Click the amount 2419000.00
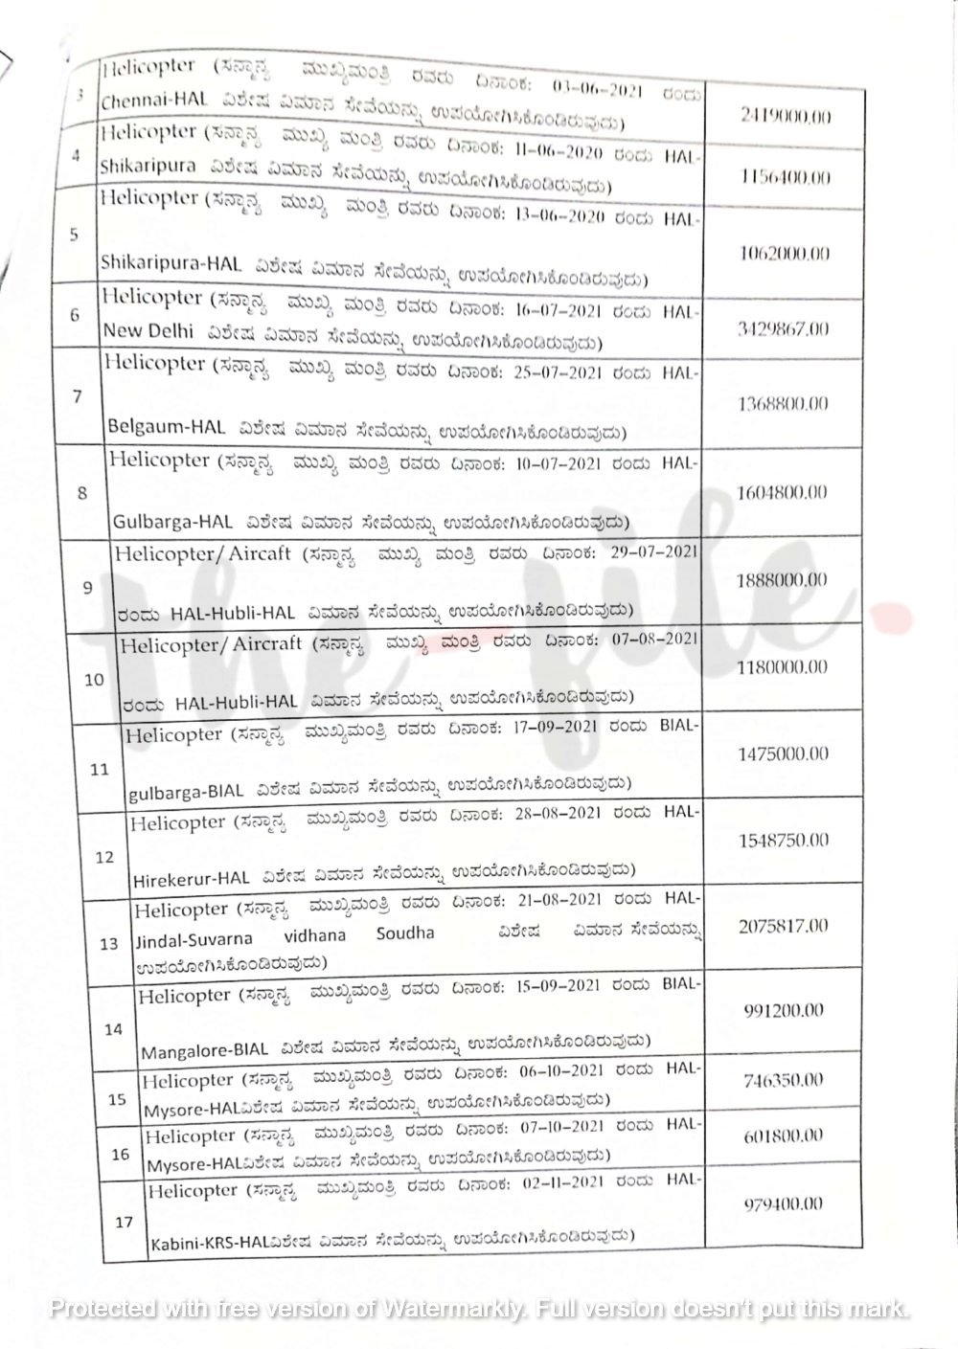786,117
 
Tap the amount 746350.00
783,1080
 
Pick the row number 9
87,588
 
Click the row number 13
109,944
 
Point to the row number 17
124,1223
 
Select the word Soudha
405,933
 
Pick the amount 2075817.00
784,926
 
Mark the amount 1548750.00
784,841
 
